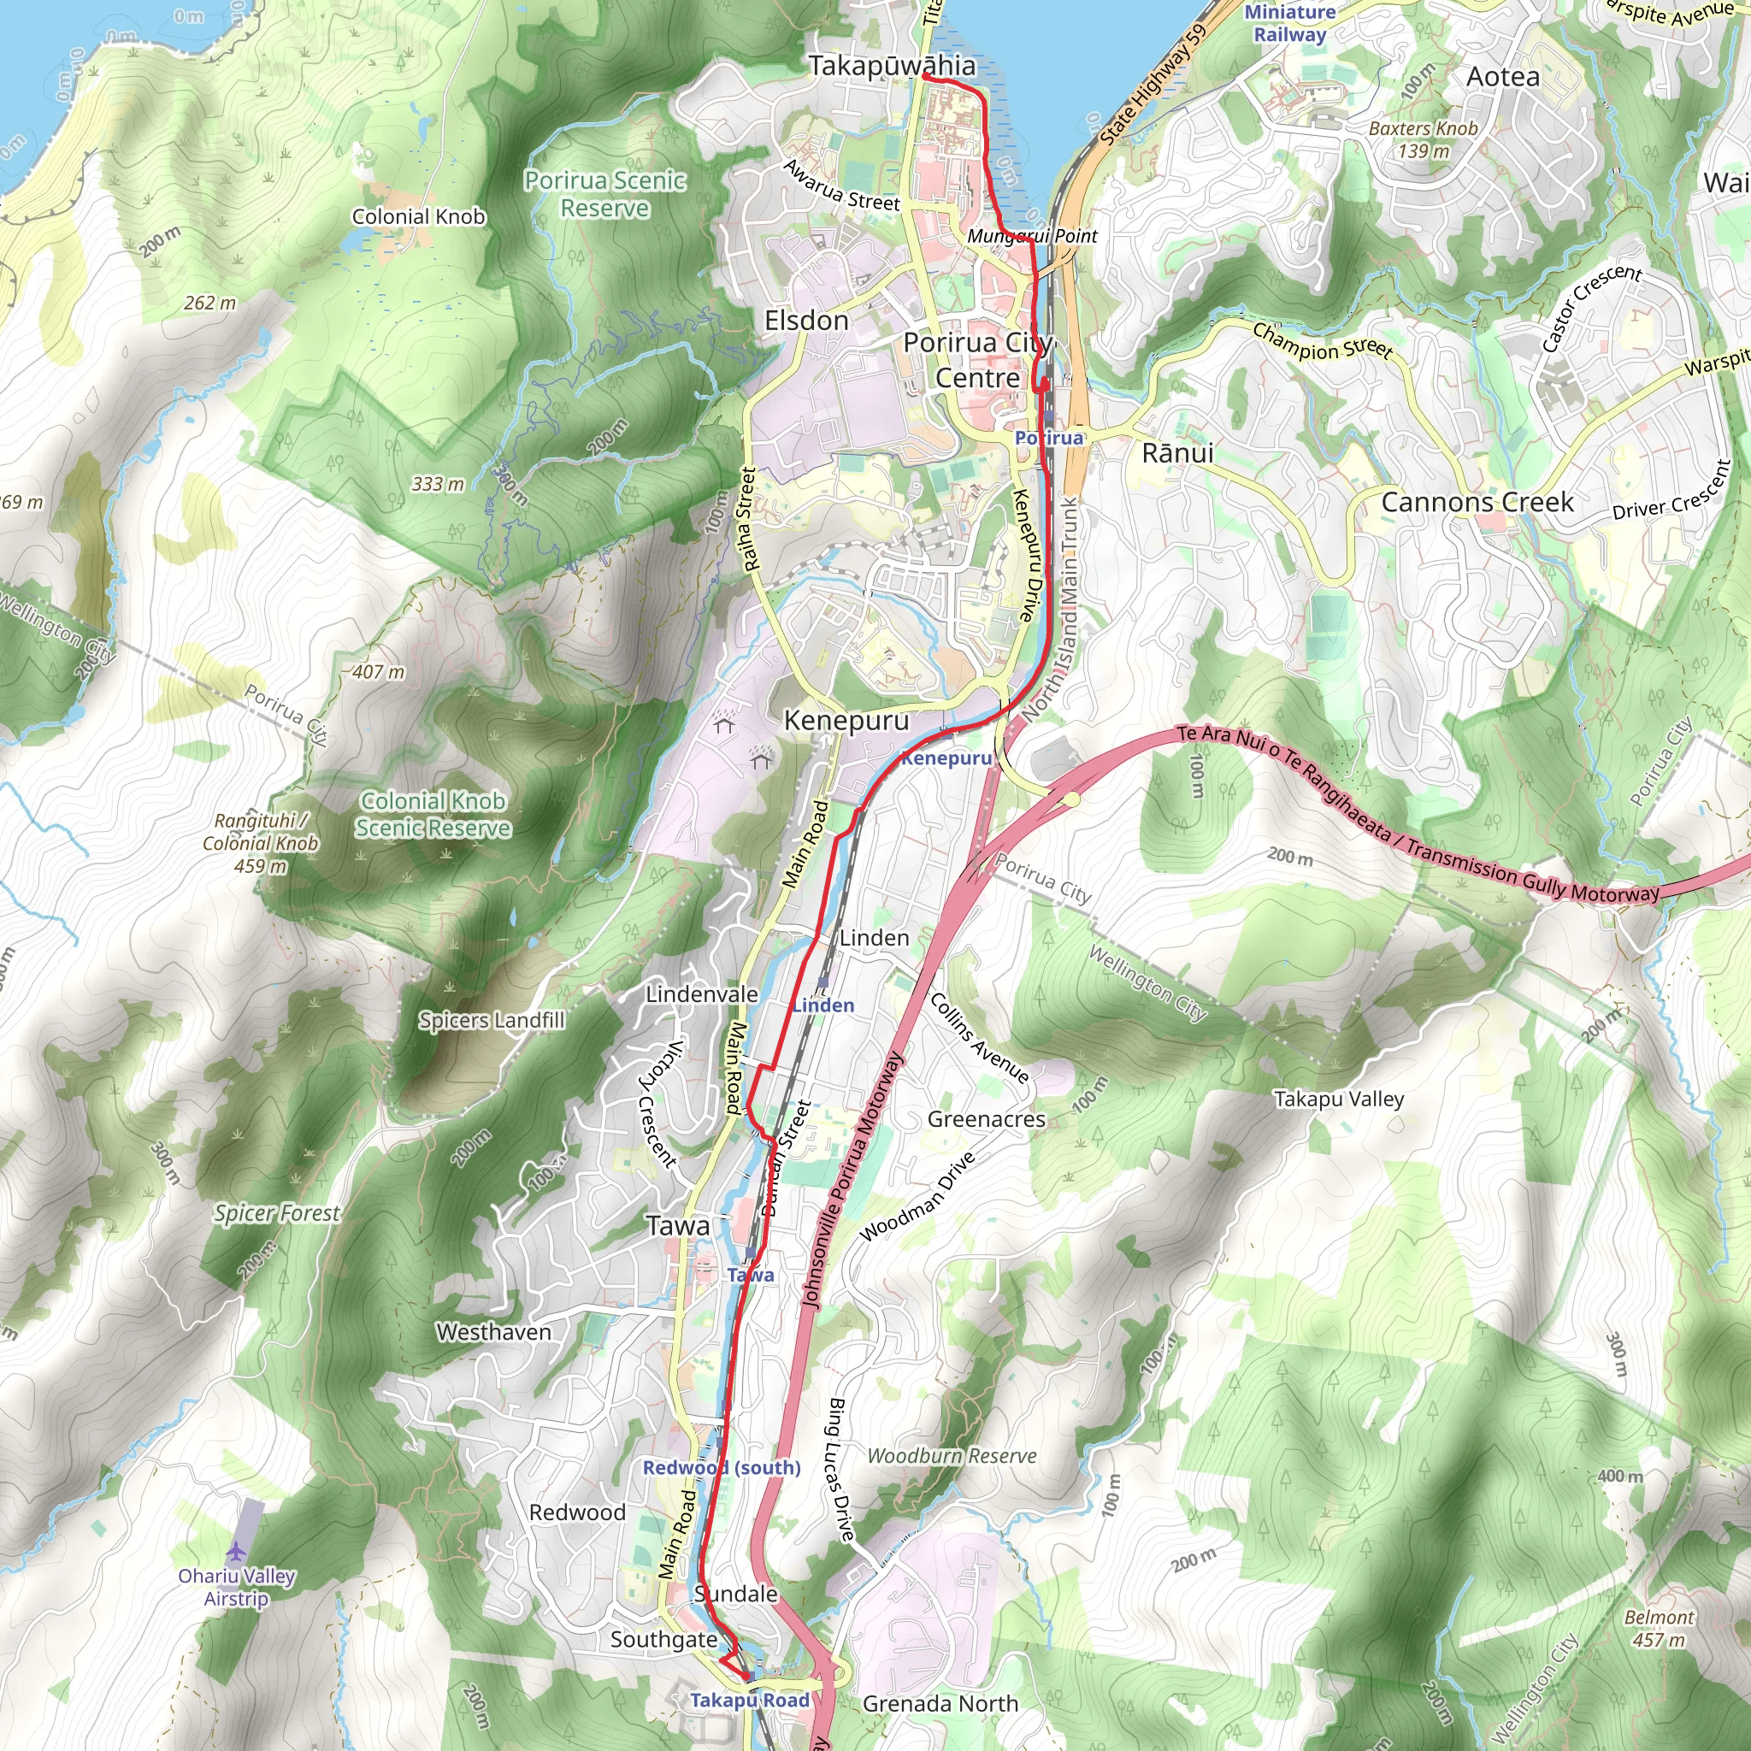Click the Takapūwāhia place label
[x=892, y=66]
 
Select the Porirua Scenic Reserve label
[x=604, y=194]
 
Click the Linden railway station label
[x=823, y=1005]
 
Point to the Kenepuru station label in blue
[x=946, y=758]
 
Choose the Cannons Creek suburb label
[x=1477, y=502]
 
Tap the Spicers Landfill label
[x=492, y=1021]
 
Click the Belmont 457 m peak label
[x=1659, y=1628]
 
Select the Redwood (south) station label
[x=722, y=1467]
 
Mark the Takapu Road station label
[x=750, y=1701]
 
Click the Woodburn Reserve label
[x=952, y=1455]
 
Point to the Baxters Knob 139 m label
[x=1423, y=139]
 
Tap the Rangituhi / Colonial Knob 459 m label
[x=261, y=843]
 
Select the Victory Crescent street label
[x=659, y=1103]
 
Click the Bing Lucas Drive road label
[x=840, y=1469]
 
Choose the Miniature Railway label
[x=1288, y=23]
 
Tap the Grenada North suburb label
[x=940, y=1704]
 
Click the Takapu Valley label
[x=1339, y=1100]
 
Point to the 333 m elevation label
[x=438, y=484]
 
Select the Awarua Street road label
[x=841, y=186]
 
